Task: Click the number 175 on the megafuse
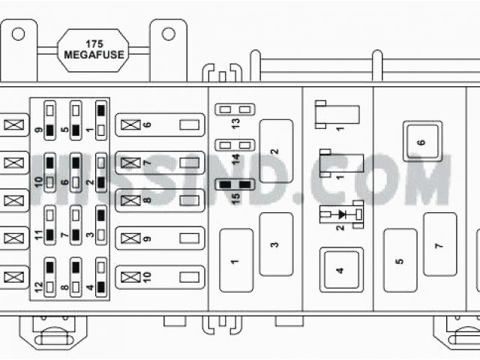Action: [94, 43]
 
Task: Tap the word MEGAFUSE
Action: [94, 54]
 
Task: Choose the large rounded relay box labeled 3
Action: [276, 244]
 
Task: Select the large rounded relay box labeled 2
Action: [276, 151]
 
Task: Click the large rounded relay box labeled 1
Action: [236, 260]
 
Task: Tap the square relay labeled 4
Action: [340, 270]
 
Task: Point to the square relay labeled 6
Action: [421, 142]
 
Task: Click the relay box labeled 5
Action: [400, 260]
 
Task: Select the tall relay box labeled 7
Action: [439, 244]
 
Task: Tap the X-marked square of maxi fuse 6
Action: [130, 124]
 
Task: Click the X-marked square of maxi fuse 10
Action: [130, 277]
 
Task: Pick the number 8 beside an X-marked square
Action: [147, 200]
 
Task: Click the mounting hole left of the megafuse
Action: [18, 34]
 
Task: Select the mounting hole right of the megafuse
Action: [169, 34]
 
